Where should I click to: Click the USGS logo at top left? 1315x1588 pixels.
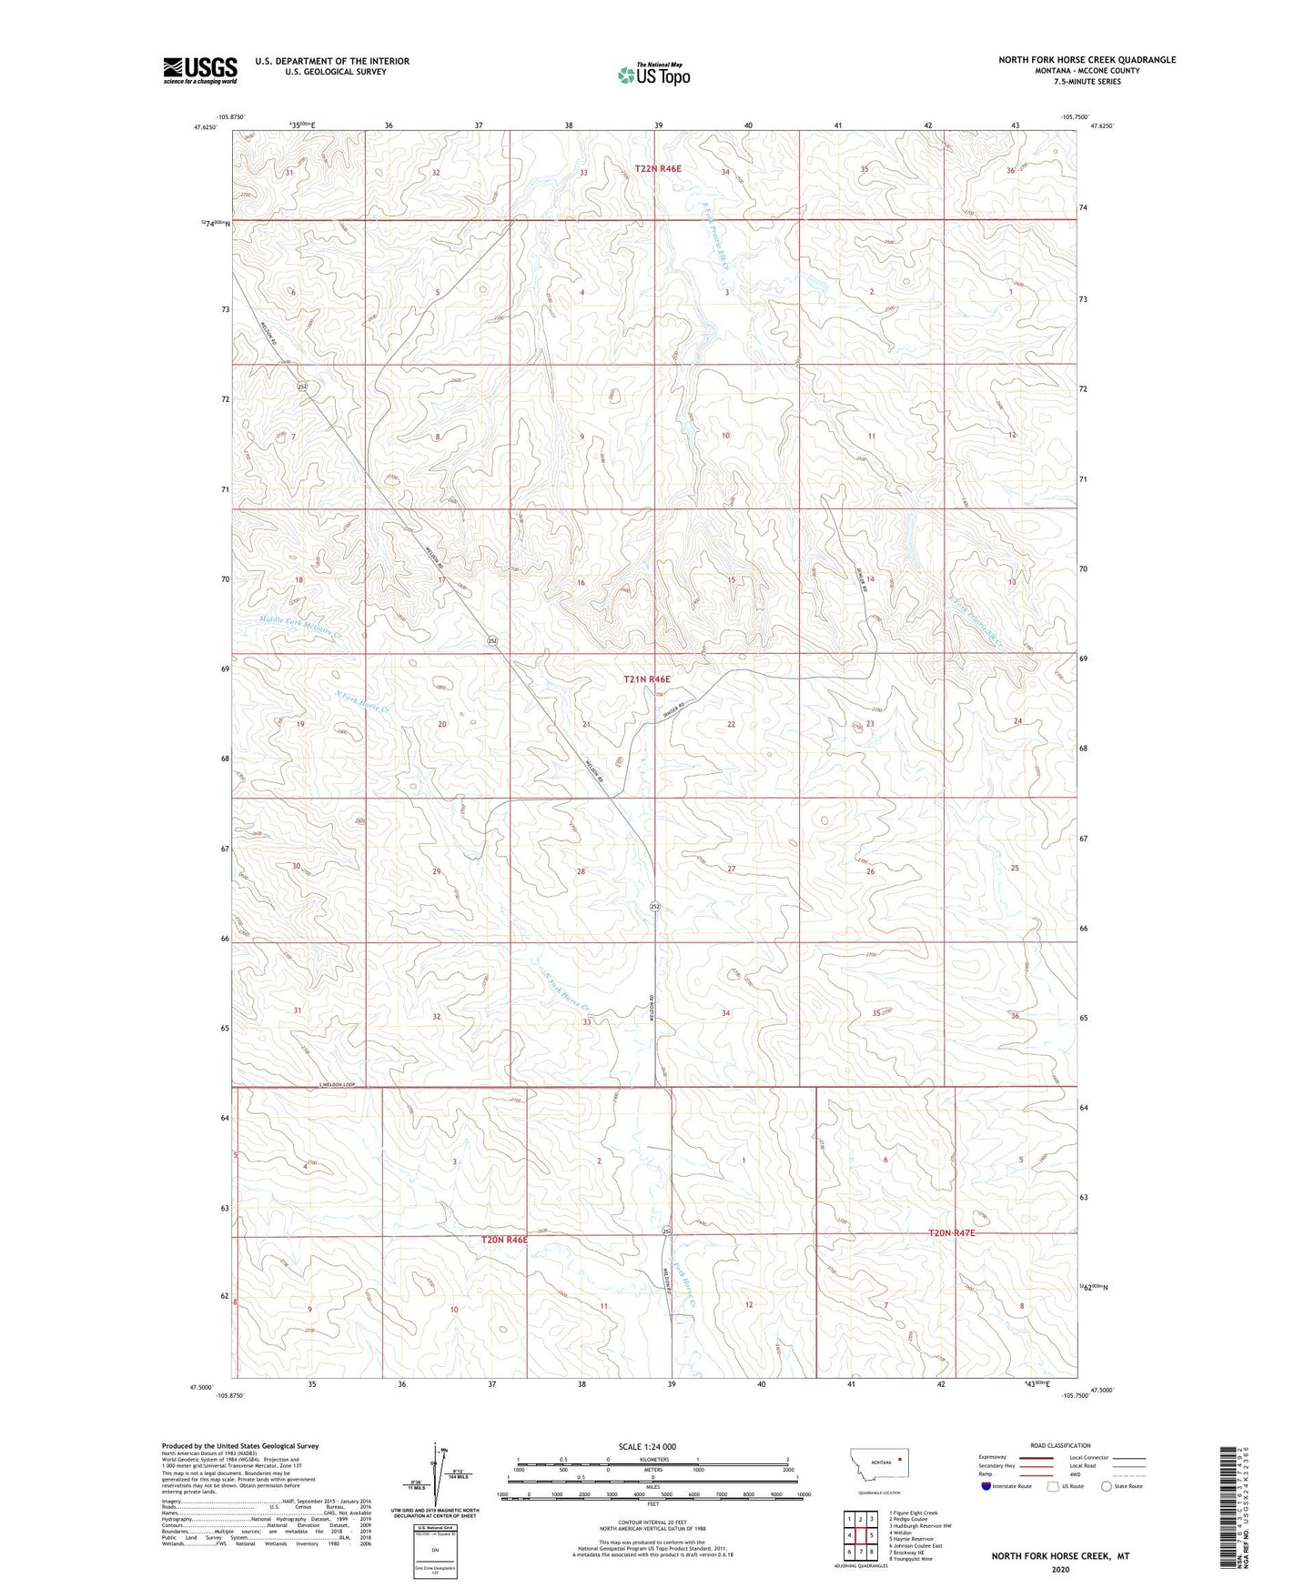click(200, 70)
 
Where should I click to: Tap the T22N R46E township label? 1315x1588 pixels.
click(658, 168)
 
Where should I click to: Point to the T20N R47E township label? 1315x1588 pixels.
click(951, 1232)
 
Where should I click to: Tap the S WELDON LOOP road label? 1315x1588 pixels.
click(336, 1086)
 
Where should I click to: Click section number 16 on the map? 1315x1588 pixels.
click(581, 582)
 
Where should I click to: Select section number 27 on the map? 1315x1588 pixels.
click(731, 869)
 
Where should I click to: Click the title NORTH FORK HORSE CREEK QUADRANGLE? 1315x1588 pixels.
click(1087, 60)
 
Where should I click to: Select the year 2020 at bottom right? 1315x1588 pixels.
click(1060, 1569)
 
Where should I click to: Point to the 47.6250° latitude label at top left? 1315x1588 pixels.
click(205, 127)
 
